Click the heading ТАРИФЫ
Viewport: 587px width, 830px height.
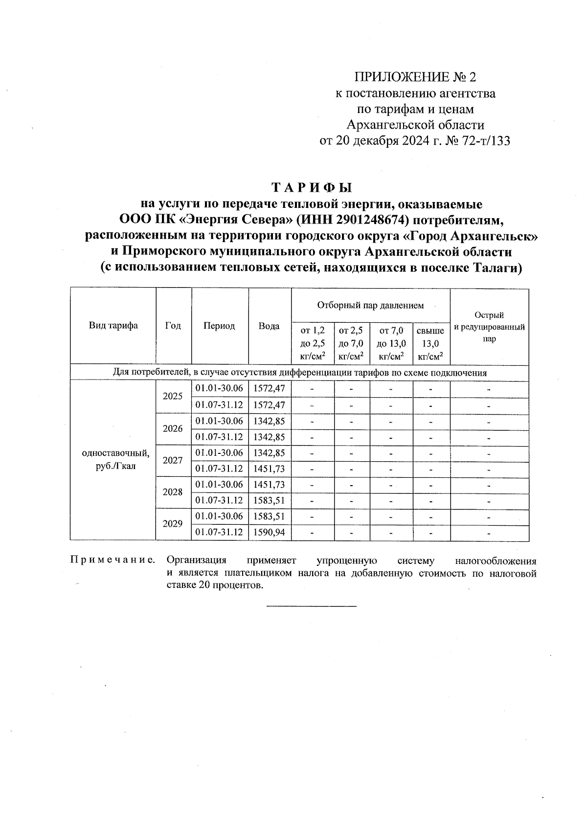312,188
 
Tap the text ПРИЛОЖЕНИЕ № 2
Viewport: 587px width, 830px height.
414,77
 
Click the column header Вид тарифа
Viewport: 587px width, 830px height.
113,326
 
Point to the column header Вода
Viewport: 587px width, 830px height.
269,326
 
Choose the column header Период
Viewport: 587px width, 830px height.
219,326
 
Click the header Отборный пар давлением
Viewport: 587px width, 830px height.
370,306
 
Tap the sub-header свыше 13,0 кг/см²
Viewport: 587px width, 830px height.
430,344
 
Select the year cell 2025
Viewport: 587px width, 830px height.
173,397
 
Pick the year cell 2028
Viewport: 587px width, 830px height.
173,493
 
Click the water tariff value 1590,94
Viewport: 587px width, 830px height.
270,533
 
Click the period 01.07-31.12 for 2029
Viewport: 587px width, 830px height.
219,533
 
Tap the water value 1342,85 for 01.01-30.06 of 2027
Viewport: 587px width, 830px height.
270,453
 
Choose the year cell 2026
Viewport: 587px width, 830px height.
173,429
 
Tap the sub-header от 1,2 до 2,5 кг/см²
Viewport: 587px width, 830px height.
313,344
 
